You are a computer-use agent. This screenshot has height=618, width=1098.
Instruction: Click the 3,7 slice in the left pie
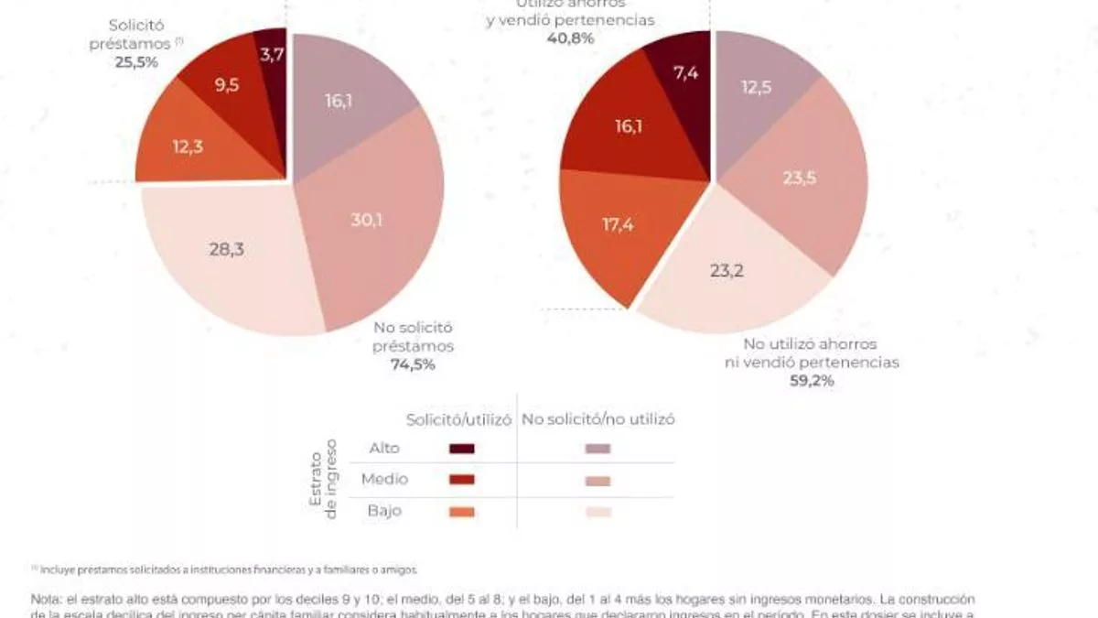tap(272, 55)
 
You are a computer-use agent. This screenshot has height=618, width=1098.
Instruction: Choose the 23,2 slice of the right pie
tap(727, 270)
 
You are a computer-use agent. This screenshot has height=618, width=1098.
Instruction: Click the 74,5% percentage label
tap(414, 364)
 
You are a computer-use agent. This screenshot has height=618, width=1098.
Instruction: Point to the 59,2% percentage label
tap(812, 381)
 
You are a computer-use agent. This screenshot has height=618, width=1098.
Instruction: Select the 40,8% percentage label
tap(570, 38)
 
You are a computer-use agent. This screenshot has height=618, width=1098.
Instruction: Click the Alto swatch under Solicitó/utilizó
tap(462, 449)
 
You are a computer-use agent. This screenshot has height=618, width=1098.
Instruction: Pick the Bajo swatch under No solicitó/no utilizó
tap(597, 512)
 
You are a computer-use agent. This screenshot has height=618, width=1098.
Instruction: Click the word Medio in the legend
tap(385, 479)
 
